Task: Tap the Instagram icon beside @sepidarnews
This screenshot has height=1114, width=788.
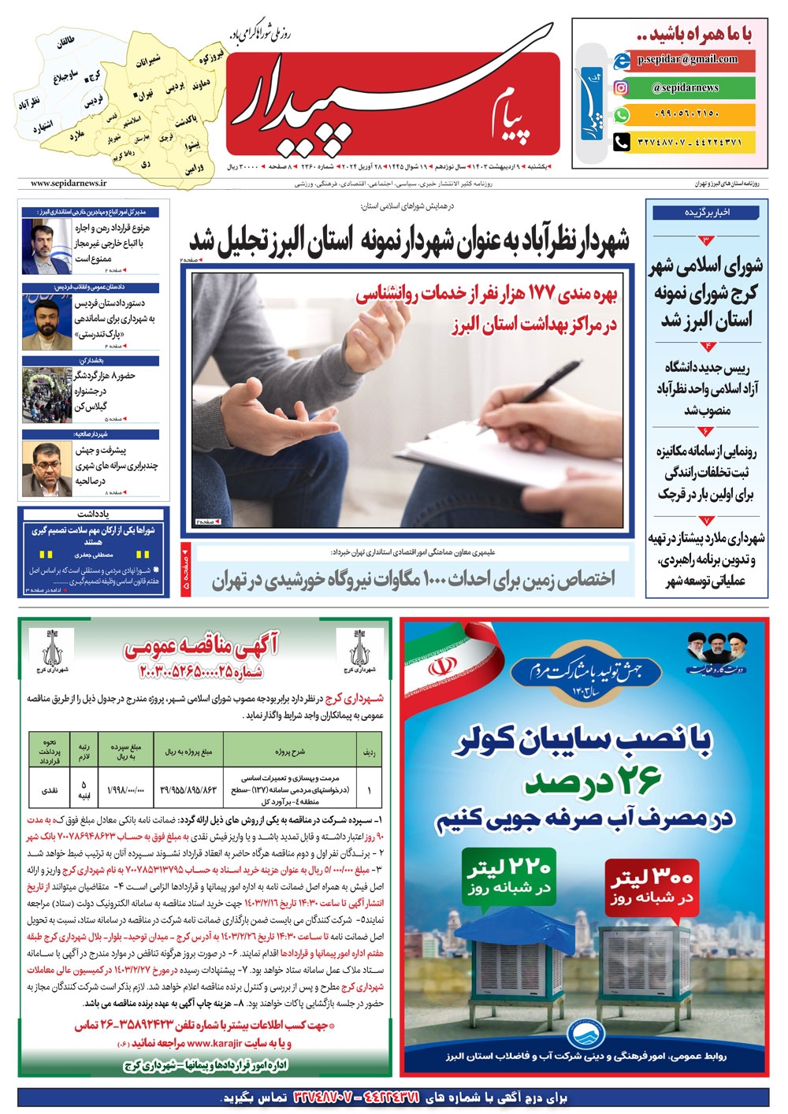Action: click(622, 87)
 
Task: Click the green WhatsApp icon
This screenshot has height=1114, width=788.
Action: click(622, 114)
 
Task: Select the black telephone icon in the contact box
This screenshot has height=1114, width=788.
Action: click(622, 142)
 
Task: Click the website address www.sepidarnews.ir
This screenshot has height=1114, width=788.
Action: click(69, 183)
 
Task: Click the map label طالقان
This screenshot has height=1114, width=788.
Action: click(66, 44)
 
